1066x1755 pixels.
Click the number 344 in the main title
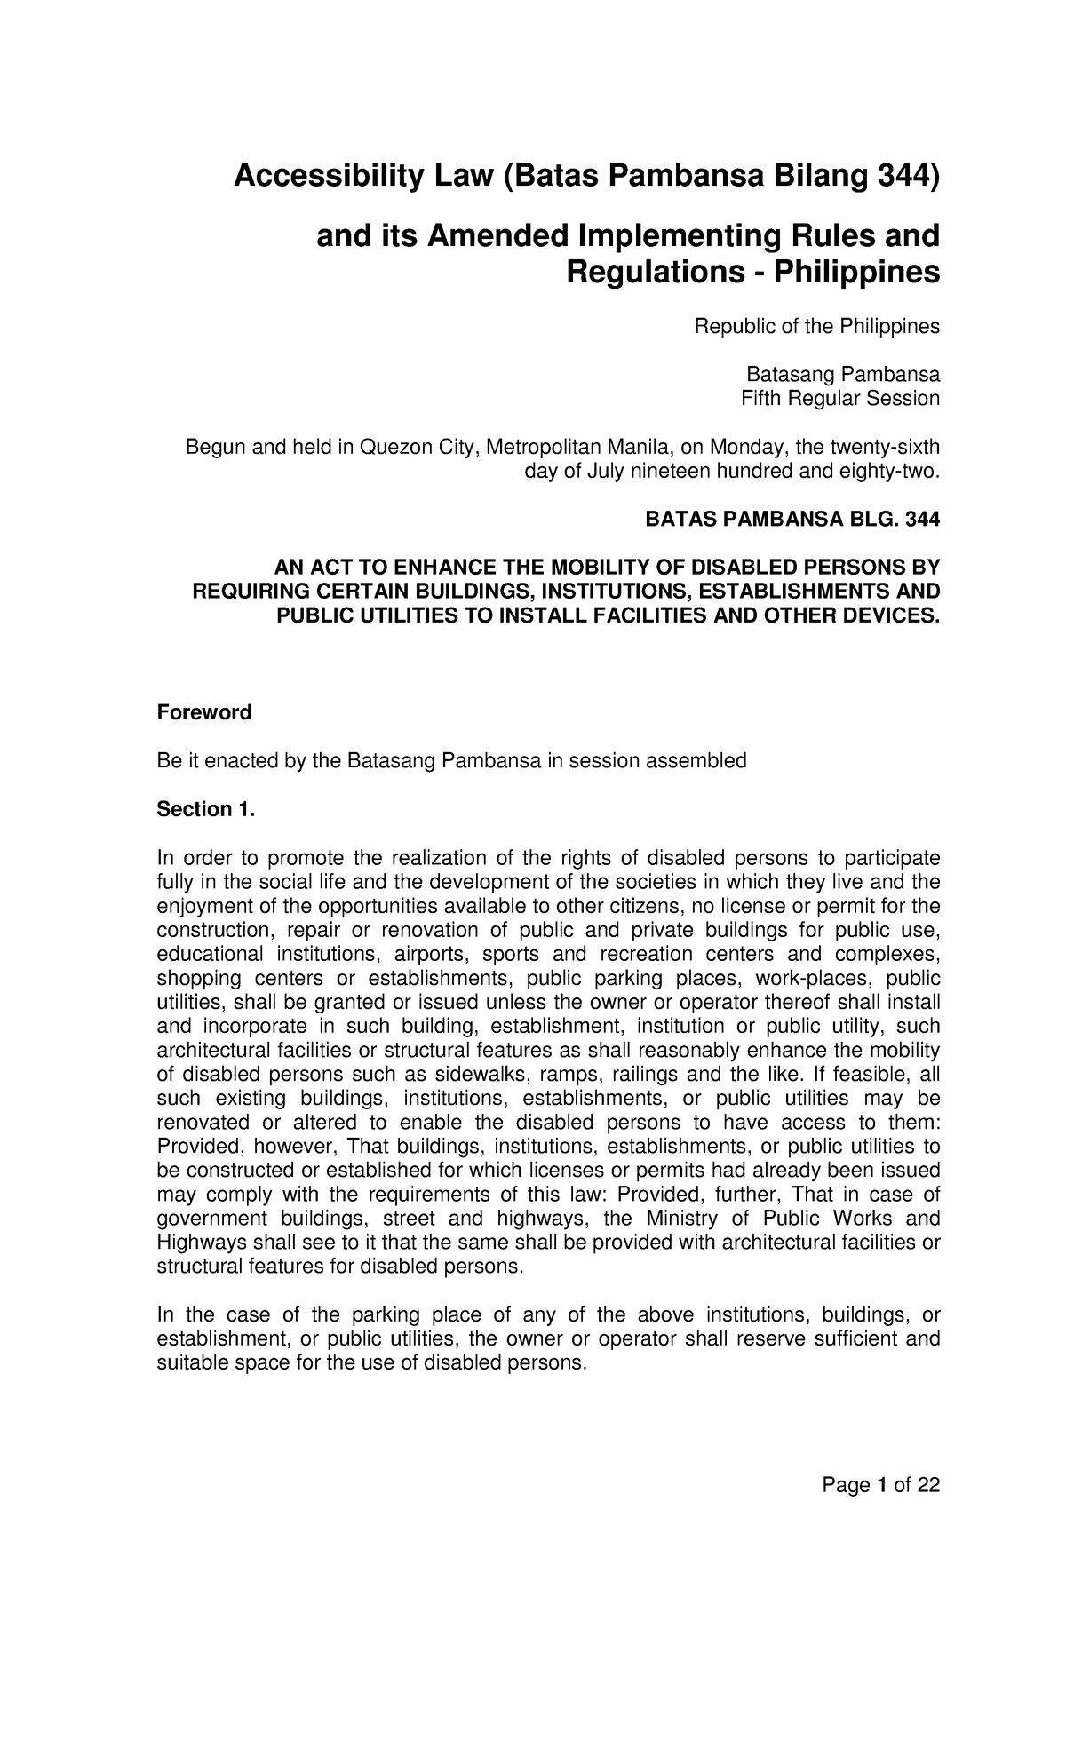click(x=903, y=178)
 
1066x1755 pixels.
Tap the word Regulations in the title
click(x=648, y=272)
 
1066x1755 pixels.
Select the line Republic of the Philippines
click(x=816, y=327)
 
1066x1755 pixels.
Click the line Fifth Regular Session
click(x=839, y=398)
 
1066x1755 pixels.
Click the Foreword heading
click(x=204, y=712)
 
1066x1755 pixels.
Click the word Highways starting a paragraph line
click(x=196, y=1243)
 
